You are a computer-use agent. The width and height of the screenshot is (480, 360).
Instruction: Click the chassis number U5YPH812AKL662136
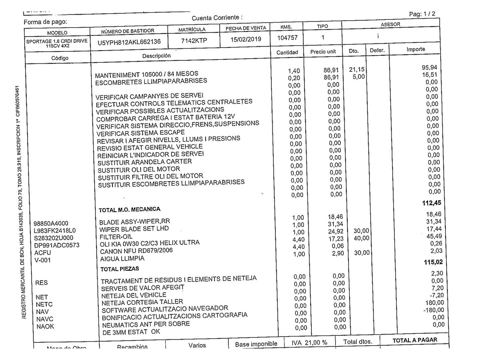[x=129, y=42]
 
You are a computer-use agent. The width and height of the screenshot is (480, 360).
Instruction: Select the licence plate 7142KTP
[x=194, y=41]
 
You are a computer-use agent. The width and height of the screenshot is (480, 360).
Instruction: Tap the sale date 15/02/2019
[x=246, y=39]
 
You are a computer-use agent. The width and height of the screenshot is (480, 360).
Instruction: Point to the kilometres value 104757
[x=287, y=38]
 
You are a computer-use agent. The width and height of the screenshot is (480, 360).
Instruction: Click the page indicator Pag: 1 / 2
[x=422, y=14]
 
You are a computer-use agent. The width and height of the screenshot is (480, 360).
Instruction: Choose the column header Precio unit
[x=323, y=52]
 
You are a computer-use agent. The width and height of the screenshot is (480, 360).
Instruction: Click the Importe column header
[x=415, y=49]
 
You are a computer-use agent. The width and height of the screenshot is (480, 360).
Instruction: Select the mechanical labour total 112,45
[x=431, y=203]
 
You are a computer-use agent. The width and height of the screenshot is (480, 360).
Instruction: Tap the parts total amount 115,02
[x=433, y=262]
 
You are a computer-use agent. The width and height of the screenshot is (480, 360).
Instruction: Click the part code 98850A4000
[x=51, y=223]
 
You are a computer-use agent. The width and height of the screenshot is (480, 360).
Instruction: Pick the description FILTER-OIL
[x=116, y=237]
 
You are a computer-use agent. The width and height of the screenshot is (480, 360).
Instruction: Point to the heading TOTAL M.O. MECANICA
[x=129, y=210]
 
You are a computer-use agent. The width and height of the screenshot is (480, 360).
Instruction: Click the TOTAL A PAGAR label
[x=415, y=340]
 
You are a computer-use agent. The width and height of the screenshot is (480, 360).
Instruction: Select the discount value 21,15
[x=357, y=70]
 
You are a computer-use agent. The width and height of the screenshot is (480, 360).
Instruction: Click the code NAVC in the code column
[x=45, y=319]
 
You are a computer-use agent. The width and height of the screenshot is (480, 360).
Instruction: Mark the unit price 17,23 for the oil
[x=336, y=239]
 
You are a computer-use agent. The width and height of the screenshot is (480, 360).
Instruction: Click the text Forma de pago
[x=45, y=22]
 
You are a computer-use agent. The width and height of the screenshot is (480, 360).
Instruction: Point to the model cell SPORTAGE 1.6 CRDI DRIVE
[x=57, y=41]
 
